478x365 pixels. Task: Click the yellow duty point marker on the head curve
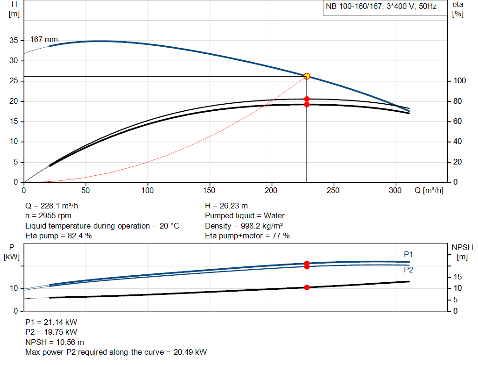[x=307, y=76]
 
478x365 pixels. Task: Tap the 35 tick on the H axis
[x=14, y=41]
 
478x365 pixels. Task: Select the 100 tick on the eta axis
[x=459, y=81]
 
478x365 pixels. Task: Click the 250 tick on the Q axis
[x=333, y=190]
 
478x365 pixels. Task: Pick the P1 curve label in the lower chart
[x=408, y=255]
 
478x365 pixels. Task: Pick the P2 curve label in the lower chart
[x=408, y=270]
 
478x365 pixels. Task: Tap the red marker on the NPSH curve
[x=307, y=287]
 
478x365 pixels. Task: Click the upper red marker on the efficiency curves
[x=307, y=99]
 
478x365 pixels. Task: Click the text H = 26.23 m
[x=226, y=206]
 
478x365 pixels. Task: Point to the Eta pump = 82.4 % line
[x=58, y=236]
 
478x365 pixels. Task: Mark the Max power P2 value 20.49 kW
[x=190, y=352]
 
